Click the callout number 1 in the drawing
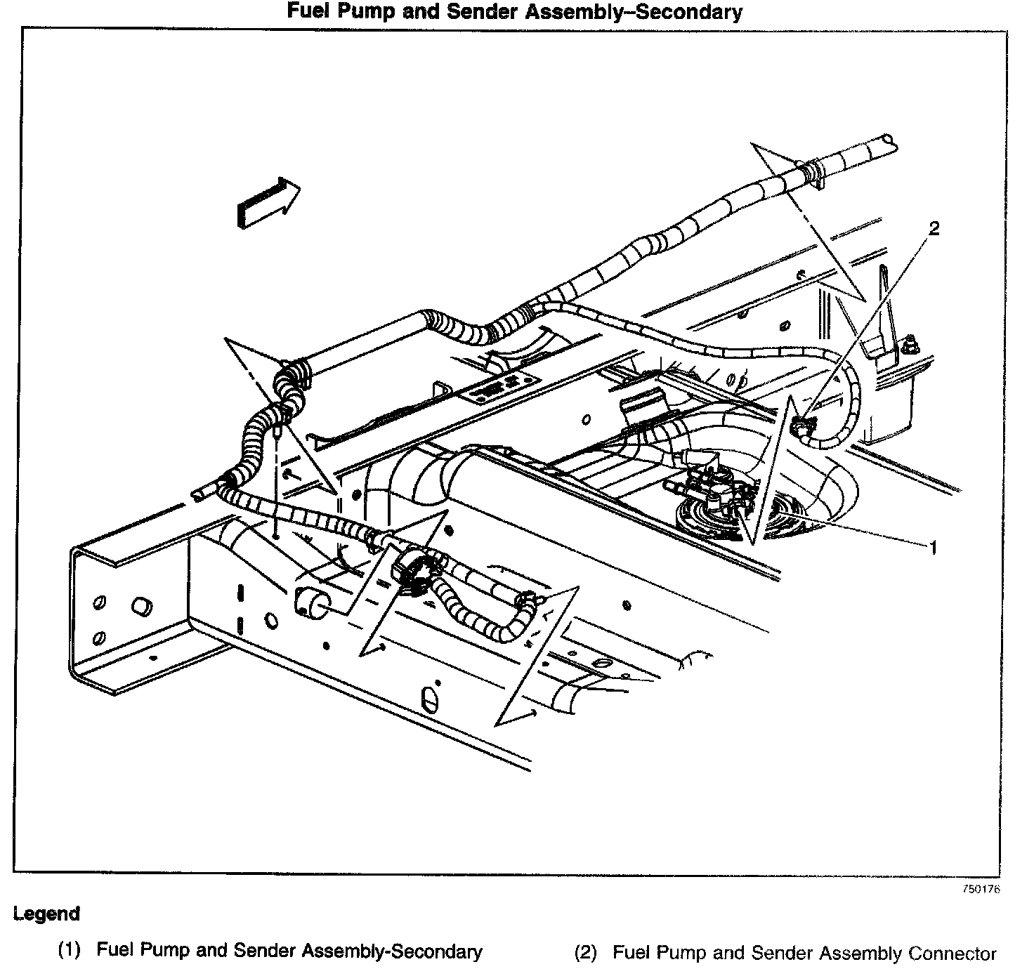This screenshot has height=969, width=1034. point(933,547)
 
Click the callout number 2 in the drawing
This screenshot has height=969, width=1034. point(934,228)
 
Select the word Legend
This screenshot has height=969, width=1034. point(46,914)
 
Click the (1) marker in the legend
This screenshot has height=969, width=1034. point(70,951)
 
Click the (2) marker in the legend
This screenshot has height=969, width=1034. point(585,953)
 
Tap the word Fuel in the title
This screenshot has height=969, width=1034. point(306,11)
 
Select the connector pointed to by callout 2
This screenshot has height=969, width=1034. point(801,424)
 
